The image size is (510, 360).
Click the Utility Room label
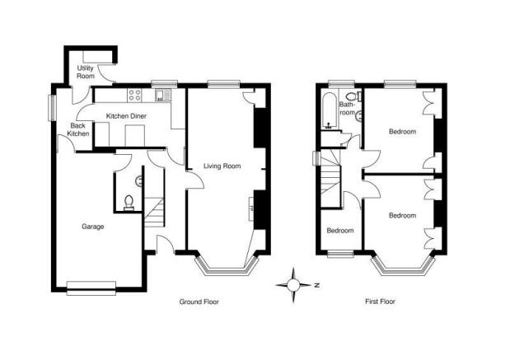tap(85, 72)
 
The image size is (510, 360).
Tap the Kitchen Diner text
tap(127, 116)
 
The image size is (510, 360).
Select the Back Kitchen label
tap(79, 129)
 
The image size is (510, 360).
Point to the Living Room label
tap(222, 166)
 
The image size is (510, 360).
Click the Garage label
tap(93, 227)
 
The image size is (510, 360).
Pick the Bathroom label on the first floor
tap(347, 108)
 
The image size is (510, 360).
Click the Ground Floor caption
tap(199, 302)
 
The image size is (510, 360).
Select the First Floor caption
tap(380, 302)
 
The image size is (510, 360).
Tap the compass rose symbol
tap(293, 285)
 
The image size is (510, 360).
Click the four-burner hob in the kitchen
tap(134, 95)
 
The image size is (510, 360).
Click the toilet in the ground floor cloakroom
tap(129, 203)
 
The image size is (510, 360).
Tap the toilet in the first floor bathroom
tap(353, 96)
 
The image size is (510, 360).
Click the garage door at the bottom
tap(91, 288)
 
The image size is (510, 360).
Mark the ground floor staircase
tap(154, 213)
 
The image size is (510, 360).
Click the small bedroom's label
tap(340, 231)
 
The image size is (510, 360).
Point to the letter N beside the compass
tap(317, 286)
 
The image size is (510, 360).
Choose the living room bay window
tap(227, 266)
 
